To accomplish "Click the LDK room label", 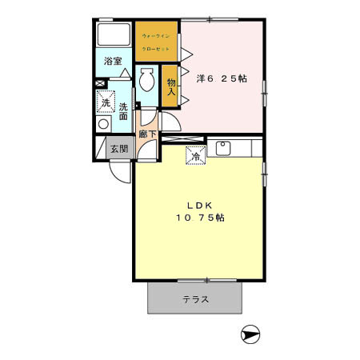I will [200, 205].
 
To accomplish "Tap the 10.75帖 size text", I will [200, 218].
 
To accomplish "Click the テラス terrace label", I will [195, 300].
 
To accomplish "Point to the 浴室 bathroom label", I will [113, 61].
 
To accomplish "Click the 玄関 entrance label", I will [118, 148].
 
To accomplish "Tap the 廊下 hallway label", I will [147, 134].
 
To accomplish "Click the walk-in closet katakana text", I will [156, 42].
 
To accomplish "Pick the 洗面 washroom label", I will [124, 111].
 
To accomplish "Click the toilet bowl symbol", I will [146, 82].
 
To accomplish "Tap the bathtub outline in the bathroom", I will [113, 35].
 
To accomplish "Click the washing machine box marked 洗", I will [105, 102].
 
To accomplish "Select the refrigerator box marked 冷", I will [198, 156].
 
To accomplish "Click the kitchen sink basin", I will [222, 149].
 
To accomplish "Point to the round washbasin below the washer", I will [102, 125].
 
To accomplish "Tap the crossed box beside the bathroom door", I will [99, 82].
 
